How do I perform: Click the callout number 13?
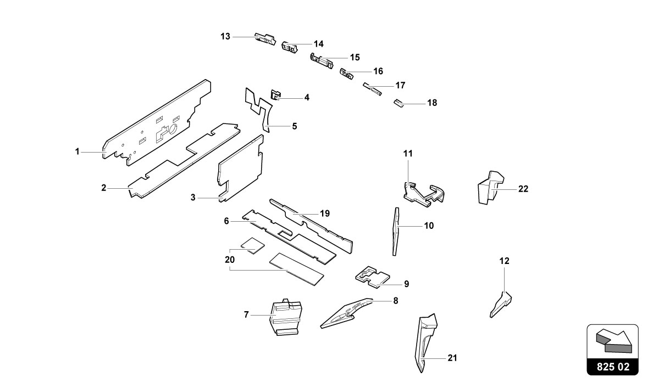pos(225,37)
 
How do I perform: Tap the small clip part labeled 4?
pos(275,95)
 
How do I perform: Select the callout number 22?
pos(523,189)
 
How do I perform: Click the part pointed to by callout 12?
pos(501,305)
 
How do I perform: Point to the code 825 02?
pos(613,367)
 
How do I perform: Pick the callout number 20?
pos(229,260)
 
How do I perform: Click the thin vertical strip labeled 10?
pos(396,231)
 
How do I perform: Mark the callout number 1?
pos(77,152)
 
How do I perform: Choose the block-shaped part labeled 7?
pos(286,317)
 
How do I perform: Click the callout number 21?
pos(452,358)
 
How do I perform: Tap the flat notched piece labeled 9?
pos(372,277)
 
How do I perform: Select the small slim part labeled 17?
pos(372,88)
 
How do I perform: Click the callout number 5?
pos(295,126)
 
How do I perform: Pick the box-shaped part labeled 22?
pos(490,187)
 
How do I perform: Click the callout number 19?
pos(325,213)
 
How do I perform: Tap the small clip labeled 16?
pos(346,74)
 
